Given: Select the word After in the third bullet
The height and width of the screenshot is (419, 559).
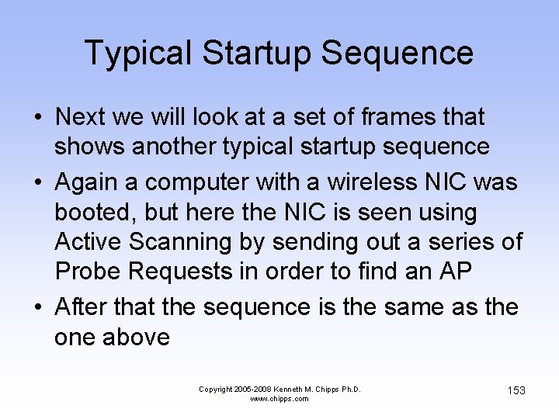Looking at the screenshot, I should (82, 306).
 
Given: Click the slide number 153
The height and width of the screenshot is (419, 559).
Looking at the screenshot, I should (516, 390).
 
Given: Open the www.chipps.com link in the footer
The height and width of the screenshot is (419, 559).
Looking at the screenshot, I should (279, 399).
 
